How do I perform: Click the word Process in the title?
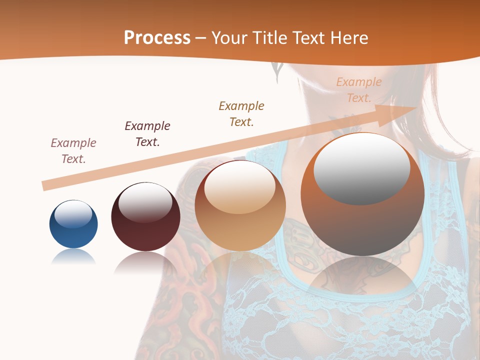coord(157,37)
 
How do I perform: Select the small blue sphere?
coord(73,224)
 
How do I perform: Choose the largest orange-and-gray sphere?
coord(362,194)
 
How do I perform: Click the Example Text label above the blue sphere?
coord(73,151)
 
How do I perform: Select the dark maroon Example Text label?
coord(147,134)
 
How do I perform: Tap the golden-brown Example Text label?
coord(241,113)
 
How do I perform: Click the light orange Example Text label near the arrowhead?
coord(359,90)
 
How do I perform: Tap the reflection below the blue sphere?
coord(73,257)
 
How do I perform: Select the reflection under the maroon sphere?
coord(145,262)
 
